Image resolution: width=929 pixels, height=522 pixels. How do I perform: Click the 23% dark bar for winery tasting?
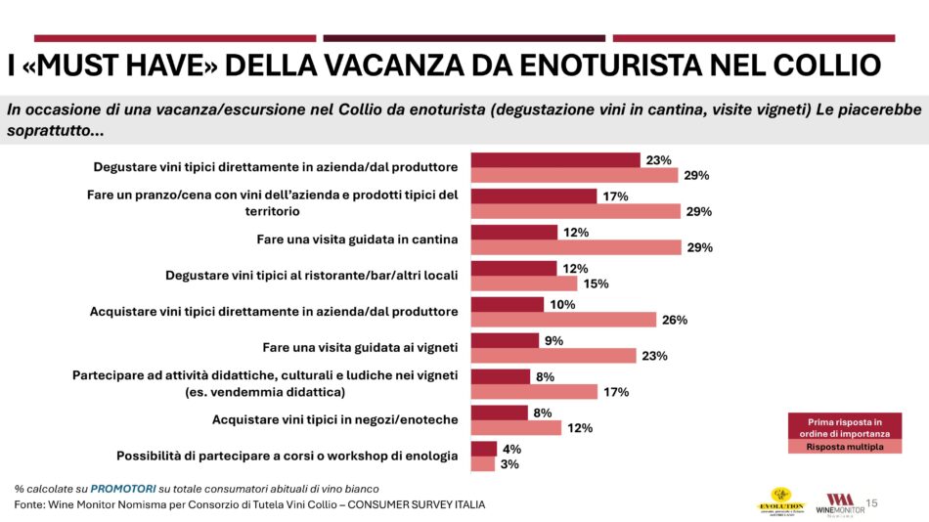pyautogui.click(x=555, y=160)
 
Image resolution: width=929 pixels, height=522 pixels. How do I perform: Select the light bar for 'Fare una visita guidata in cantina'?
pyautogui.click(x=576, y=247)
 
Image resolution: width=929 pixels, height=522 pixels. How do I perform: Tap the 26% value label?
pyautogui.click(x=675, y=320)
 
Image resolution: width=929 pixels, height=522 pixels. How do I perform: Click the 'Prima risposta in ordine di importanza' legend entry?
pyautogui.click(x=843, y=426)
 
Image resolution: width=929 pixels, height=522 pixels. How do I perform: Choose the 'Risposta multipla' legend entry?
pyautogui.click(x=843, y=448)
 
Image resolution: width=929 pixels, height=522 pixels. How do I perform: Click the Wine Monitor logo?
pyautogui.click(x=840, y=503)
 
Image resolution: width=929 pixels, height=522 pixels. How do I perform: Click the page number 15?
pyautogui.click(x=872, y=502)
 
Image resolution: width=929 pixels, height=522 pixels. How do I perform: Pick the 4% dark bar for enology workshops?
pyautogui.click(x=484, y=449)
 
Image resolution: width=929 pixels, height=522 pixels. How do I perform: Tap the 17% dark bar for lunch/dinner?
pyautogui.click(x=534, y=196)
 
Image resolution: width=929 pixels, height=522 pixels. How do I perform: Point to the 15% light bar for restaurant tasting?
pyautogui.click(x=524, y=283)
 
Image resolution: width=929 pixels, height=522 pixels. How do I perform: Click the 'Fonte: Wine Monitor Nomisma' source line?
pyautogui.click(x=249, y=504)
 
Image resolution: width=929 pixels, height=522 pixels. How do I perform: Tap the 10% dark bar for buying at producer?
pyautogui.click(x=509, y=305)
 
